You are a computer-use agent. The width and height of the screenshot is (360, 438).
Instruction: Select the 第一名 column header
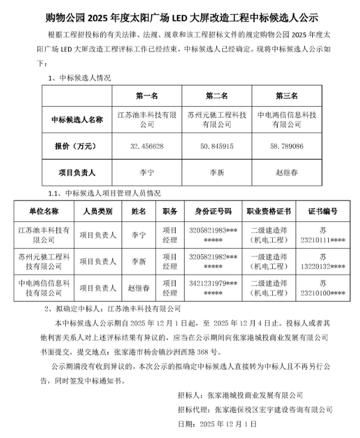(x=147, y=96)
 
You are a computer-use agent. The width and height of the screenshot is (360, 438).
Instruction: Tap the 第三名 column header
(x=286, y=96)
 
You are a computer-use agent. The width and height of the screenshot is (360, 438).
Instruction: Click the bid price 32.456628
(x=147, y=146)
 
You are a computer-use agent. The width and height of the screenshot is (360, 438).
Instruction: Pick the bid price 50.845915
(x=217, y=146)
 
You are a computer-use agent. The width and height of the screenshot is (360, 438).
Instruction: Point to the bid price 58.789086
(x=286, y=146)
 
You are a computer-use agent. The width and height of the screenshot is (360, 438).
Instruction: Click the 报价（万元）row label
(x=76, y=146)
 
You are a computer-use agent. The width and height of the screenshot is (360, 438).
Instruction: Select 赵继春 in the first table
(x=286, y=173)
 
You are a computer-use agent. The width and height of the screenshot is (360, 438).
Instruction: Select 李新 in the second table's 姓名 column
(x=139, y=261)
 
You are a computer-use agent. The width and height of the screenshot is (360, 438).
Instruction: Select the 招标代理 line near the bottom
(x=255, y=409)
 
